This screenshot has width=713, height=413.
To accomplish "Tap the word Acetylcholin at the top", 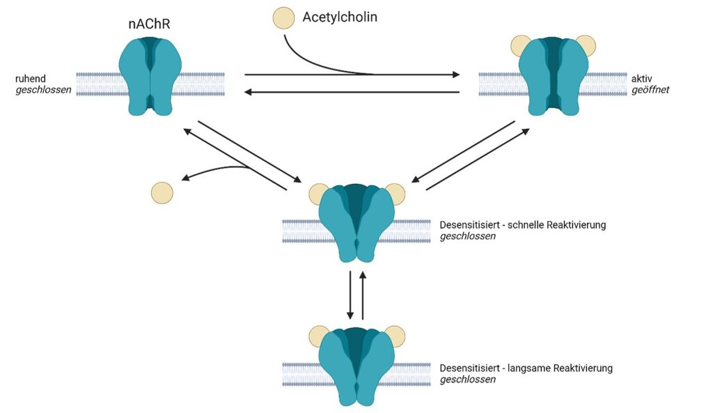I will pos(340,17).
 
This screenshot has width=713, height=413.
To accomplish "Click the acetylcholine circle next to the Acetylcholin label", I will pos(283,18).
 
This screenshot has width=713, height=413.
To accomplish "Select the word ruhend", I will pos(30,79).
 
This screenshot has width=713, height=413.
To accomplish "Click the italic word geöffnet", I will pos(650,90).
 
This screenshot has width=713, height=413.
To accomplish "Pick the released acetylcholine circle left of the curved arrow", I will pos(162,193).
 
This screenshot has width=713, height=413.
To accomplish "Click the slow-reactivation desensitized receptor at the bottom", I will pos(356,366).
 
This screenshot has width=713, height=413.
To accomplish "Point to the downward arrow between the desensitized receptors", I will pos(350,293).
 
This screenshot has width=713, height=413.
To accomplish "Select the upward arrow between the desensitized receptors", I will pos(363,293).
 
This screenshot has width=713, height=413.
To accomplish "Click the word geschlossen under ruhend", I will pos(43,90).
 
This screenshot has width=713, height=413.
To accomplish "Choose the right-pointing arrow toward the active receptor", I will pos(352,74).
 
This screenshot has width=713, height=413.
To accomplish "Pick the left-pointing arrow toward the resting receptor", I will pos(352,92).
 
